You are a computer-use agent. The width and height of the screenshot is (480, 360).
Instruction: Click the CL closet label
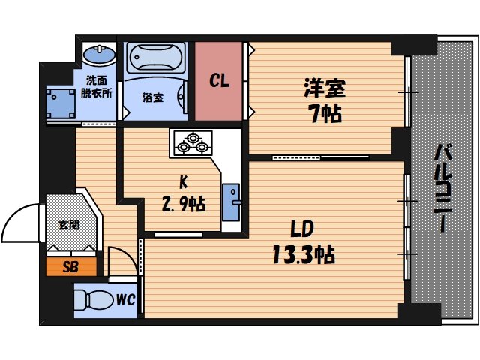point(219,81)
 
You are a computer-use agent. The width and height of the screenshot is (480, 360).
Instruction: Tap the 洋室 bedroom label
point(325,88)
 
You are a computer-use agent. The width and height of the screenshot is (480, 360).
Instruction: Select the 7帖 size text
point(325,114)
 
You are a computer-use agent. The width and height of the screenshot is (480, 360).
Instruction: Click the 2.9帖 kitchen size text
point(183,204)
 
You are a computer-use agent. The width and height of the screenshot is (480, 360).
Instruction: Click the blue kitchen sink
point(231,196)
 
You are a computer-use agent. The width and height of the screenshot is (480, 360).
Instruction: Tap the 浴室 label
point(153,97)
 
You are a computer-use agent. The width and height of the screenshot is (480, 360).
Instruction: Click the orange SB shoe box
point(70,266)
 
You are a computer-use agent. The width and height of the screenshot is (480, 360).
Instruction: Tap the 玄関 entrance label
point(70,223)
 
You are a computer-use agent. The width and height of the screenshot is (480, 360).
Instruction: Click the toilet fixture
point(94,300)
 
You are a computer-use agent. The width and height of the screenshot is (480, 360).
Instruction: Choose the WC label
point(125,300)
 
